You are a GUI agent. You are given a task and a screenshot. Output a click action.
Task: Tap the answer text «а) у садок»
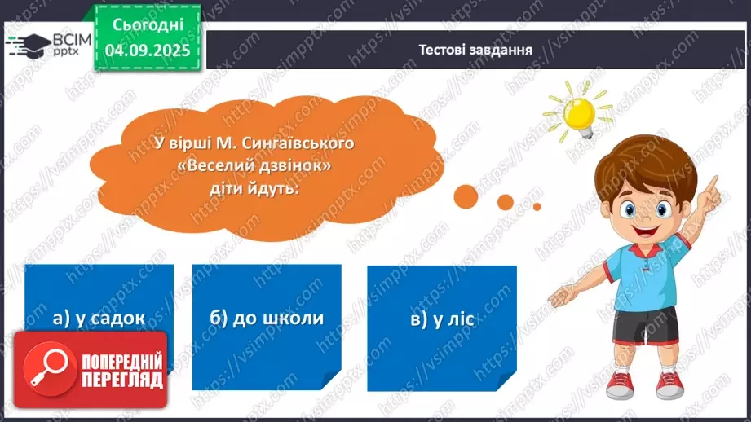[99, 319]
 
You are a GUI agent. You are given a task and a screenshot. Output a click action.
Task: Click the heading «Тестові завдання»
[475, 50]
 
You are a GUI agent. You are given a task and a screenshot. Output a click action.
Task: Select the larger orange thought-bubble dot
[467, 196]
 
